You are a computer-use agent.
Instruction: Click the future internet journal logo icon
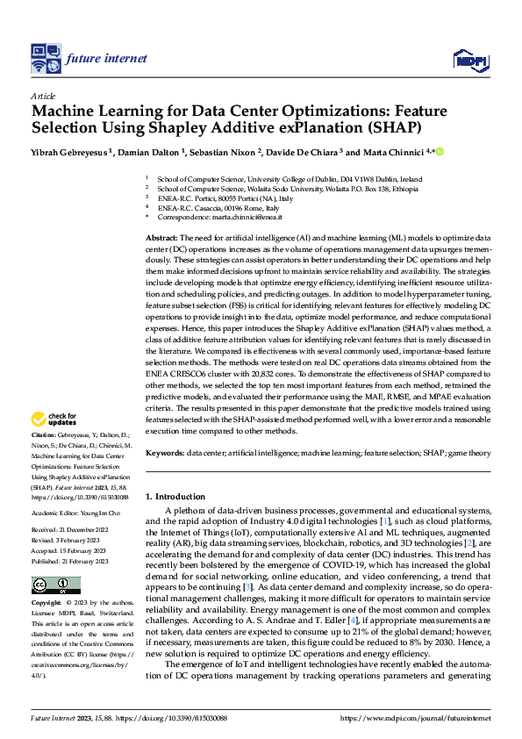pyautogui.click(x=44, y=58)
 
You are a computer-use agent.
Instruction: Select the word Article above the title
pyautogui.click(x=43, y=96)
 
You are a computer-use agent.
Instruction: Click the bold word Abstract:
pyautogui.click(x=162, y=239)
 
